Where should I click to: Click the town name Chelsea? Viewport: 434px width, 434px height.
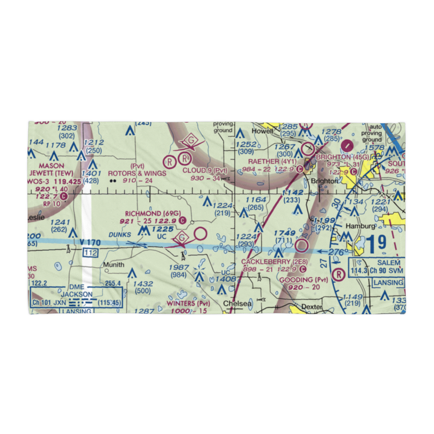point(237,304)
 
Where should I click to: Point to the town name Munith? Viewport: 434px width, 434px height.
point(113,264)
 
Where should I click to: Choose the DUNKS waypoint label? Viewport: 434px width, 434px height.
point(119,234)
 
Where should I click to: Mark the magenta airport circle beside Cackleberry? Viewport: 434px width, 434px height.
point(301,246)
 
